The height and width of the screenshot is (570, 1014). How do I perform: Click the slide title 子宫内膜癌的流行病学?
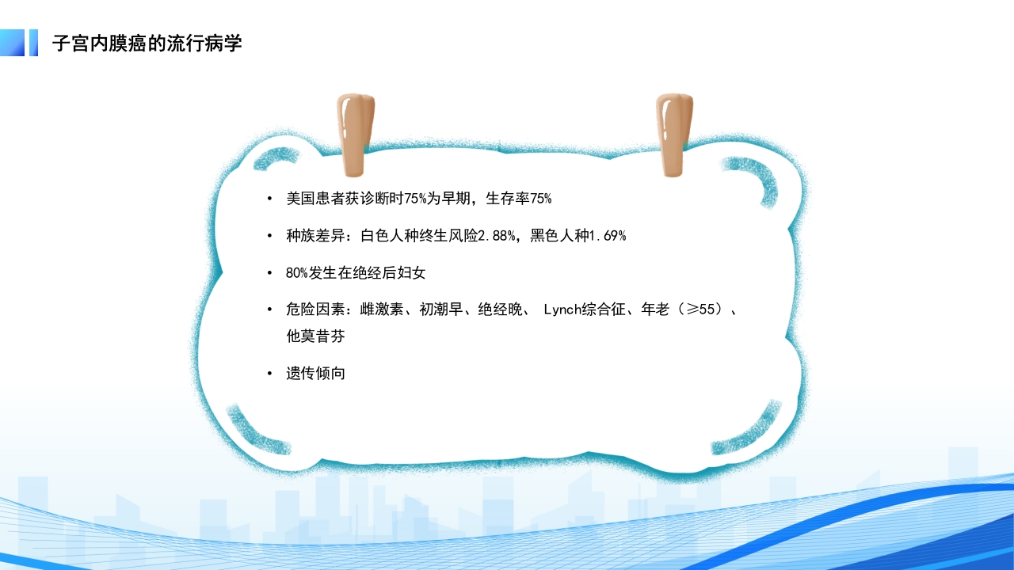147,44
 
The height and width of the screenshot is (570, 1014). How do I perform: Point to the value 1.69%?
605,235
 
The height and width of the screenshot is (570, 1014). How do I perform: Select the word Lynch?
564,310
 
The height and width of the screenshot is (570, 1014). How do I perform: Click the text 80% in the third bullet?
296,272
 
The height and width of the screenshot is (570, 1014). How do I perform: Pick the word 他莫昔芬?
315,336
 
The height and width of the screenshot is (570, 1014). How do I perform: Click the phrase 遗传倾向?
315,373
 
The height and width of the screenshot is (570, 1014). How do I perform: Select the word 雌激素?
379,310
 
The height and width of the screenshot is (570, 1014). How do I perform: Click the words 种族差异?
315,235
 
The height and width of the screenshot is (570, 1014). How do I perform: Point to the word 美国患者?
315,198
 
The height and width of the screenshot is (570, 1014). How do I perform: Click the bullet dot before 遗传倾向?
270,373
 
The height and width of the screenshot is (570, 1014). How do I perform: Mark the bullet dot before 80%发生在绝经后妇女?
270,272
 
